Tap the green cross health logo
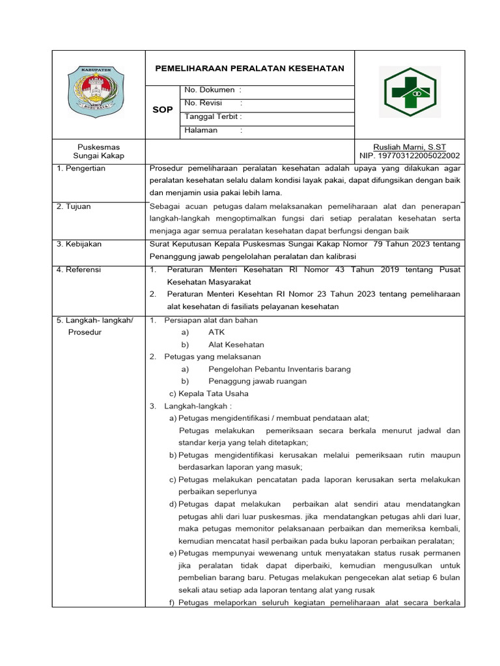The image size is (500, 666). pos(411,93)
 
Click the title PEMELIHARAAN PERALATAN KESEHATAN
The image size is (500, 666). pos(249,68)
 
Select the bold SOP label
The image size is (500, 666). pos(162,110)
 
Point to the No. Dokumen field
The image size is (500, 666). pos(213,90)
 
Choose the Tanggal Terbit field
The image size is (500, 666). pos(213,117)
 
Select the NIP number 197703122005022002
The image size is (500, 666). pos(410,156)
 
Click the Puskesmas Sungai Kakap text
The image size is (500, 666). pos(98,152)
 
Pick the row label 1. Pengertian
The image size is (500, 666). pos(81,168)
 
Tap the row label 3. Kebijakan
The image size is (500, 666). pos(79,244)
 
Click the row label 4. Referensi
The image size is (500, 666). pos(79,269)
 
